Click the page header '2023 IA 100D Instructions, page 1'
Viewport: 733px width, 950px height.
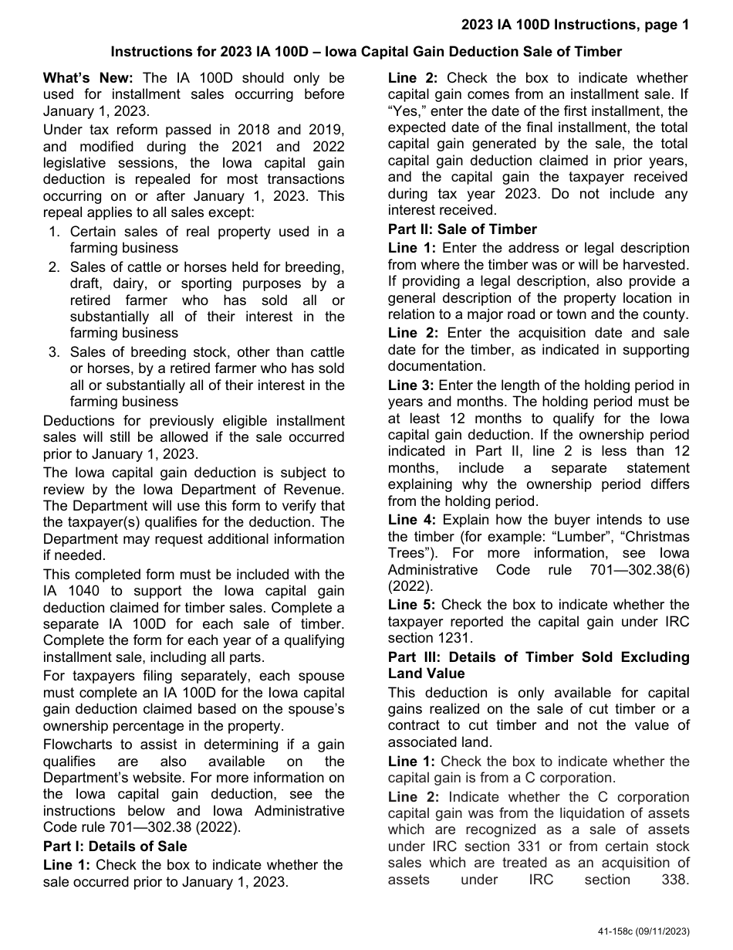(x=576, y=25)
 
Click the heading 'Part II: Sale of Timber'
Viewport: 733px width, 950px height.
(x=461, y=229)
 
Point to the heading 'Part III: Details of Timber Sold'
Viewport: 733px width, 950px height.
(x=538, y=657)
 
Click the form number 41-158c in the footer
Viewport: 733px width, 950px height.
(x=617, y=932)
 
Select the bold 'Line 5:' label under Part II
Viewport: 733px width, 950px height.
(x=411, y=605)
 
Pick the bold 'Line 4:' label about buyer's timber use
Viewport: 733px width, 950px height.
(x=411, y=520)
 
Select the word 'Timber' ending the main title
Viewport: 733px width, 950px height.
(x=598, y=52)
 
